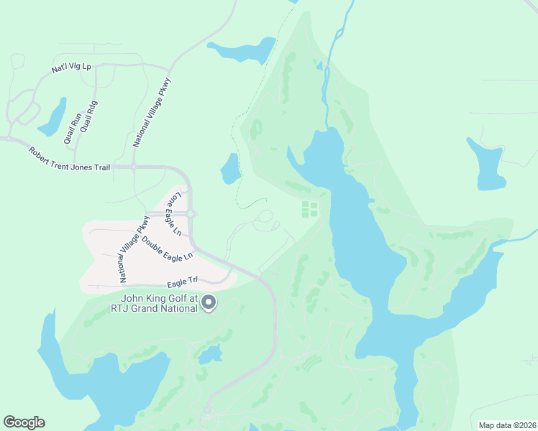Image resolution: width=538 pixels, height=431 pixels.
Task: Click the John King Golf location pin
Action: click(x=209, y=303)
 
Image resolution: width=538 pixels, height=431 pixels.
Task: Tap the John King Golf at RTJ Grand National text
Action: click(x=159, y=304)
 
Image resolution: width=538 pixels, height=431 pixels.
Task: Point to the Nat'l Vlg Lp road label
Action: click(x=72, y=67)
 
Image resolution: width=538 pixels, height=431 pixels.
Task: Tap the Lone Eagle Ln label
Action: click(x=174, y=214)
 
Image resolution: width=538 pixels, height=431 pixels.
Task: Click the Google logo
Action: click(x=24, y=422)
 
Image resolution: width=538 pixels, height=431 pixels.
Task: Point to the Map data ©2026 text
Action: click(x=507, y=425)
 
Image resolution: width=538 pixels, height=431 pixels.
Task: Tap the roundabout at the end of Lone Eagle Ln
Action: click(x=191, y=213)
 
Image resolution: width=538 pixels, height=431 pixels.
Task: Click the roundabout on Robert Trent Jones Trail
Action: click(x=133, y=167)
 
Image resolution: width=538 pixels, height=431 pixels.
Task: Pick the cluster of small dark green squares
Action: click(x=309, y=209)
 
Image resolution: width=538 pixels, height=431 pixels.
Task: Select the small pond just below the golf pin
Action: click(x=210, y=354)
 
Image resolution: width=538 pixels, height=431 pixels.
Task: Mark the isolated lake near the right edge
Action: click(x=487, y=163)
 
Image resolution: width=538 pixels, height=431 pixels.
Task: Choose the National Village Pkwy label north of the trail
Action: click(x=152, y=112)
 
